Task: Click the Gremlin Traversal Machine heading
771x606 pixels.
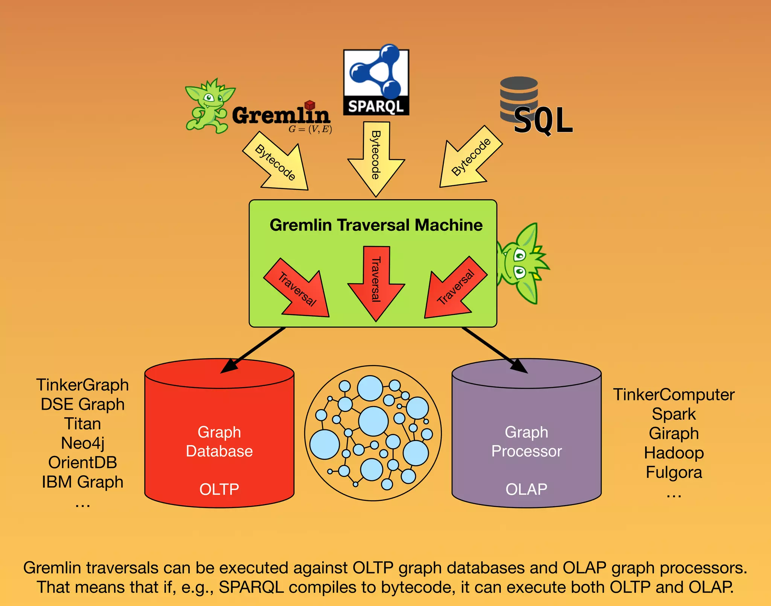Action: point(376,225)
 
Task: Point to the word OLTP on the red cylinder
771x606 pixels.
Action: point(219,489)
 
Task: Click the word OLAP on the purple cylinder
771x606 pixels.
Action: point(526,489)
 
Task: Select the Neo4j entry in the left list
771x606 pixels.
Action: point(82,443)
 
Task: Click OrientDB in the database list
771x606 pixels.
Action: point(82,463)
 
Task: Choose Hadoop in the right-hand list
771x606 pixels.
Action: point(673,453)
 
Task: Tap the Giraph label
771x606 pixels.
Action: point(673,433)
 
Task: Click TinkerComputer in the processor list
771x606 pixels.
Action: point(673,394)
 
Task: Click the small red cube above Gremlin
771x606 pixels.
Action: point(309,105)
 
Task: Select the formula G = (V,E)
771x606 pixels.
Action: point(310,129)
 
